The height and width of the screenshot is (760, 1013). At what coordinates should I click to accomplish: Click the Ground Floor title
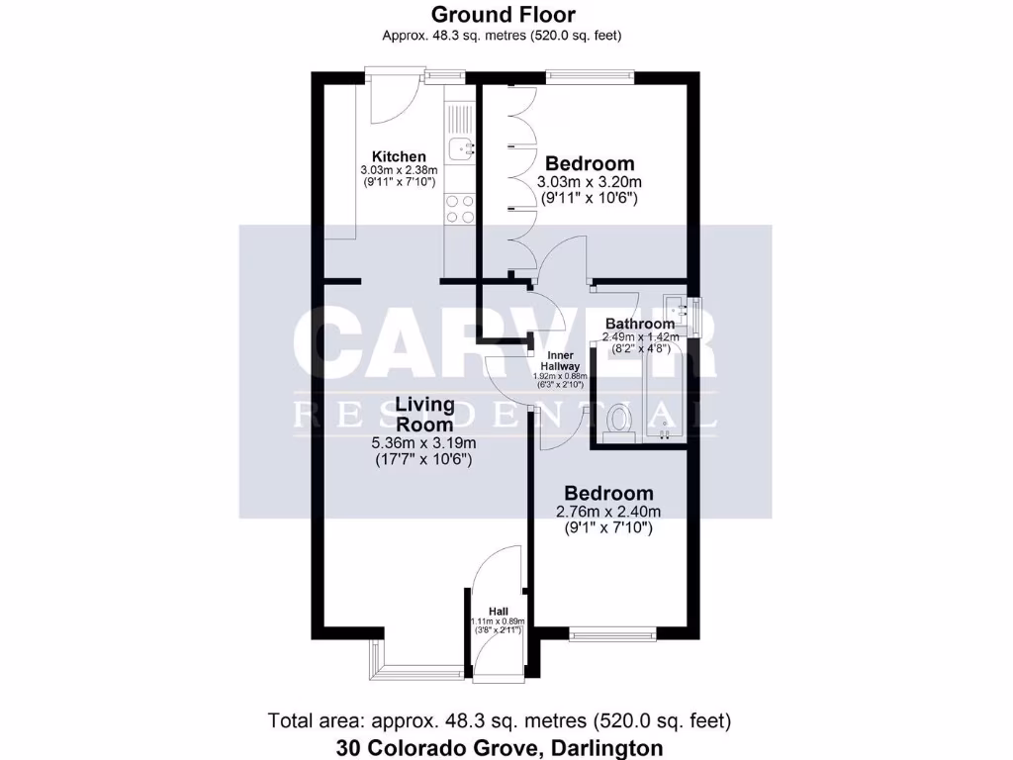pos(502,15)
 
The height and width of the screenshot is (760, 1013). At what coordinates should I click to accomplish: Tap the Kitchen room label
pos(399,156)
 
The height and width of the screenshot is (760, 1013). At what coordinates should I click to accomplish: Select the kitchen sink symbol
pos(461,149)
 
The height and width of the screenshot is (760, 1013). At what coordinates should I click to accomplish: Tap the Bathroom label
pos(640,324)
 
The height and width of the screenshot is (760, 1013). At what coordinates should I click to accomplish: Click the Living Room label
pos(425,414)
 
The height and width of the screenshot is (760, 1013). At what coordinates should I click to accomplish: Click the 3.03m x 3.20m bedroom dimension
pos(590,182)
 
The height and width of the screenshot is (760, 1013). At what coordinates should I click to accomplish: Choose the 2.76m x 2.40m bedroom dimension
pos(607,512)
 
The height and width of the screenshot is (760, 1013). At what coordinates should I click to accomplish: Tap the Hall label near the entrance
pos(499,612)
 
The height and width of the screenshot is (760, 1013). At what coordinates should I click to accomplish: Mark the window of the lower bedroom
pos(613,632)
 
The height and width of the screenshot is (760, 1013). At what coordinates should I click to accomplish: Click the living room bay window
pos(415,671)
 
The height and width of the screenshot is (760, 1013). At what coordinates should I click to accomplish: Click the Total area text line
pos(499,720)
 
